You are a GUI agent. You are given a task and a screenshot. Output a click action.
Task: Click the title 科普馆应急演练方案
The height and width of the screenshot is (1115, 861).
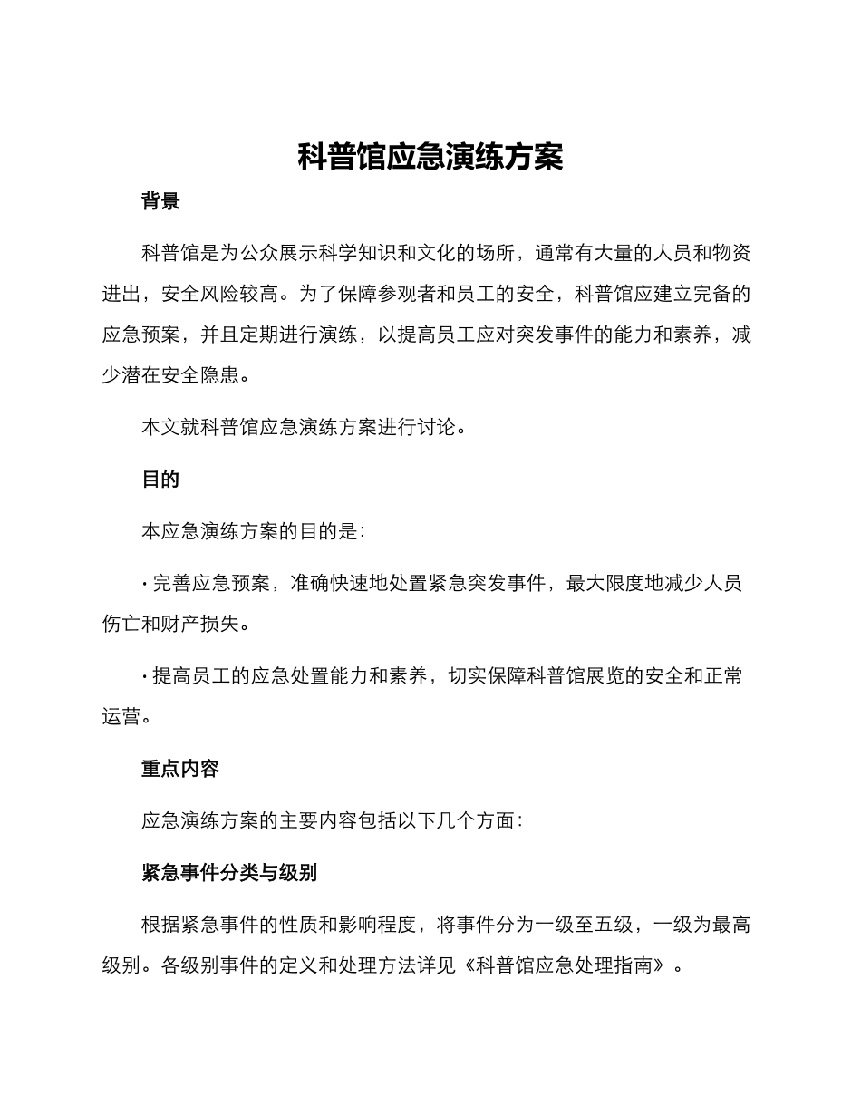pyautogui.click(x=430, y=158)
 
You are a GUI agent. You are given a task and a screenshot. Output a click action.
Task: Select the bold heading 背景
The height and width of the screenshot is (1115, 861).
pyautogui.click(x=160, y=201)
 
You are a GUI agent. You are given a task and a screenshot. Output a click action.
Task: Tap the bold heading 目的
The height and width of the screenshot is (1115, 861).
pyautogui.click(x=160, y=480)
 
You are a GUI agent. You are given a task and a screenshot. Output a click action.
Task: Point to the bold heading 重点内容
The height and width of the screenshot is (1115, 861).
pyautogui.click(x=180, y=769)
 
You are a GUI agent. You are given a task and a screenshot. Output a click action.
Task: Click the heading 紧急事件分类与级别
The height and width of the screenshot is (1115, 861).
pyautogui.click(x=229, y=873)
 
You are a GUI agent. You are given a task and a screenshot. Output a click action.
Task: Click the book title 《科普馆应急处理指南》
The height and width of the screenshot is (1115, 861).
pyautogui.click(x=569, y=965)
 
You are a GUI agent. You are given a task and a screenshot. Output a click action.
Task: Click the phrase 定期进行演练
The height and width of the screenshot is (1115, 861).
pyautogui.click(x=299, y=334)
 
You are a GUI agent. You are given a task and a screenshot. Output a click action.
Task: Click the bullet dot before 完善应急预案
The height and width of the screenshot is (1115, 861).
pyautogui.click(x=145, y=584)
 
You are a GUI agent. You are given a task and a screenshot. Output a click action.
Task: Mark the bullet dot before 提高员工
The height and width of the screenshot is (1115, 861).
pyautogui.click(x=145, y=676)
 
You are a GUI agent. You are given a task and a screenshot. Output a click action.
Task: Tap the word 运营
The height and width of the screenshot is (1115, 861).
pyautogui.click(x=121, y=716)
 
